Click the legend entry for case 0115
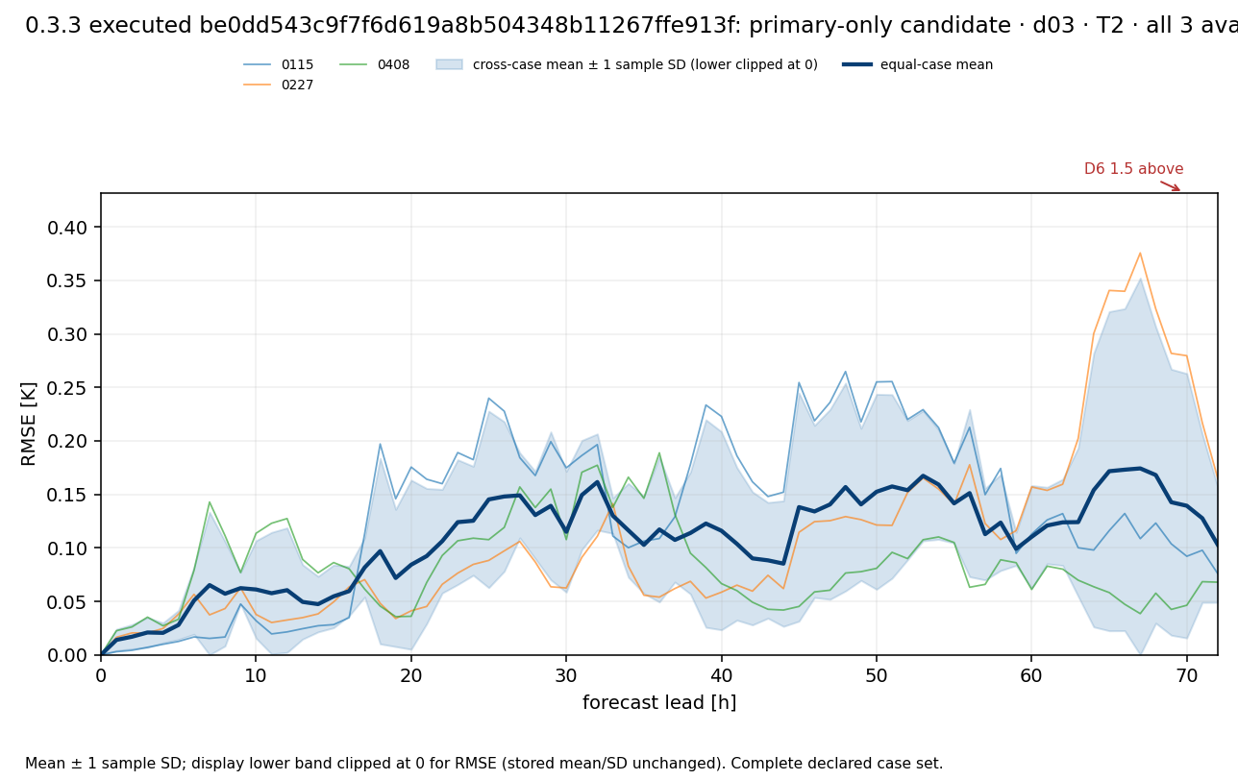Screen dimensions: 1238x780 click(x=279, y=64)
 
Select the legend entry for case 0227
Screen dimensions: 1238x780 click(x=279, y=85)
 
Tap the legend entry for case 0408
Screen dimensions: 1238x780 click(x=375, y=64)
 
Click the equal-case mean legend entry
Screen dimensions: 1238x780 click(x=917, y=64)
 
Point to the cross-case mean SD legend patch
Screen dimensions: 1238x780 click(x=449, y=64)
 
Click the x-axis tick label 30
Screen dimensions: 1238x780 click(x=566, y=675)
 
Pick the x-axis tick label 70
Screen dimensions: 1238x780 click(x=1187, y=675)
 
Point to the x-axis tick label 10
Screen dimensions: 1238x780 click(x=256, y=675)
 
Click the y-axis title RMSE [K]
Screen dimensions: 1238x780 click(x=28, y=424)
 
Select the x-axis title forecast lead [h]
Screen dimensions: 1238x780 click(x=659, y=702)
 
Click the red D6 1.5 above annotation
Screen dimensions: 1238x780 click(x=1133, y=169)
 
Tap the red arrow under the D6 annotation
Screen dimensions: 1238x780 click(x=1170, y=185)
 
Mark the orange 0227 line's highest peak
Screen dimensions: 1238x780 click(x=1140, y=253)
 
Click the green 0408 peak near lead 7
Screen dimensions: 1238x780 click(x=210, y=502)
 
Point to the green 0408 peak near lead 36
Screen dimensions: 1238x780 click(x=659, y=453)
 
